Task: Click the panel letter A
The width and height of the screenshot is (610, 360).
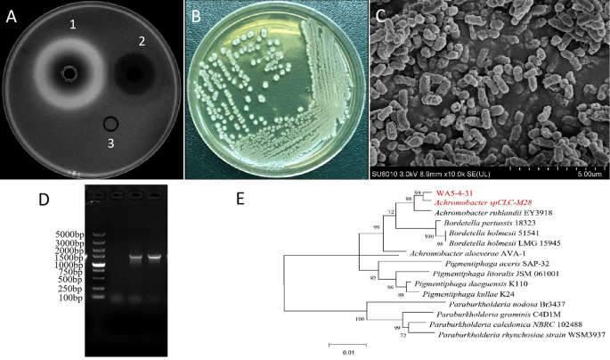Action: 12,14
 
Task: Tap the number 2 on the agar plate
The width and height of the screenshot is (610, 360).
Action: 140,41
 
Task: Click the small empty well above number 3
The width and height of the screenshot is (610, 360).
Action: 111,123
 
